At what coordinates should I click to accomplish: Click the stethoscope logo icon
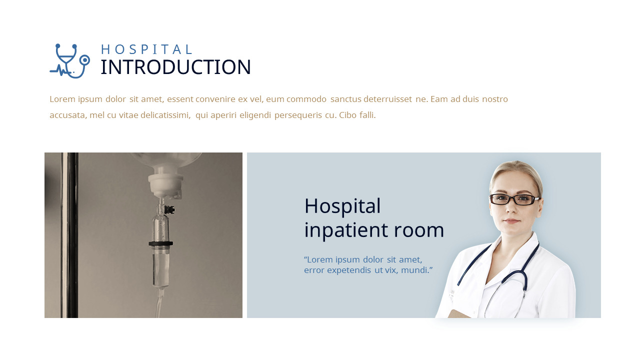tap(69, 61)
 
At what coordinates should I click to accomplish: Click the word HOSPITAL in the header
tap(146, 49)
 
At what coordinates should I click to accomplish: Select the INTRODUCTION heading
tap(175, 67)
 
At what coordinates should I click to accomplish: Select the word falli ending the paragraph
tap(366, 115)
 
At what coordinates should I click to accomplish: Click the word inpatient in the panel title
tap(346, 230)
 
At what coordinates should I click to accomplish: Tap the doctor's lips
tap(511, 221)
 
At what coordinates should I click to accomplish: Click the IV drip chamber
tap(161, 225)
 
